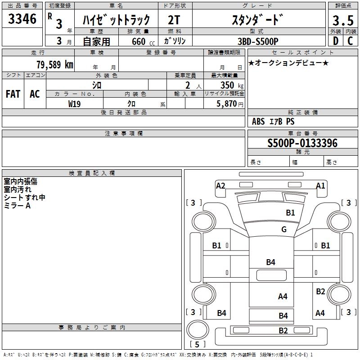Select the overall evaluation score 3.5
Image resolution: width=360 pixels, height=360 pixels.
tap(342, 21)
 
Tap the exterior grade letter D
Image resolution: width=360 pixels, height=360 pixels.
tap(335, 40)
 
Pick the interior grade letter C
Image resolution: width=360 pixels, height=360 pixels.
tap(350, 40)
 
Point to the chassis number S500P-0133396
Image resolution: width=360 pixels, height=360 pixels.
tap(302, 143)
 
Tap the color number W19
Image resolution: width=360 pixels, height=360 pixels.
tap(74, 103)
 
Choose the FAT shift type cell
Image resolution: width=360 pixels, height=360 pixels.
tap(13, 94)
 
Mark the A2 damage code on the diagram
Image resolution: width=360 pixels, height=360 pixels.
tap(220, 185)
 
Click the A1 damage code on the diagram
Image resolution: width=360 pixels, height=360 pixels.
tap(320, 185)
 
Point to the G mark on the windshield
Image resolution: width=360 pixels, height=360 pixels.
tap(283, 229)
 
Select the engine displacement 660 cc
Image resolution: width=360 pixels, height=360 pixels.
tap(138, 41)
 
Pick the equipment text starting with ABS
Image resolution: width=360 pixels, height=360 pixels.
tap(273, 121)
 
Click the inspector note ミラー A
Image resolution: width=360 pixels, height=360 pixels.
tap(18, 206)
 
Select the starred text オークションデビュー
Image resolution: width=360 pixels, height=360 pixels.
tap(288, 63)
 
